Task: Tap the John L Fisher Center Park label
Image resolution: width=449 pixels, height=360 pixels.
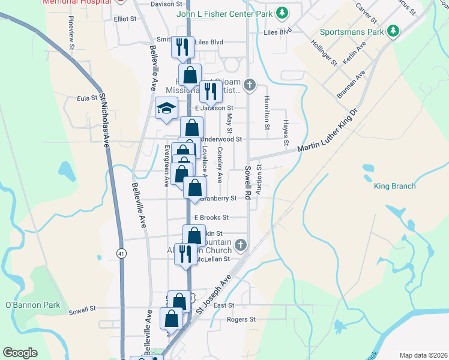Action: (x=226, y=13)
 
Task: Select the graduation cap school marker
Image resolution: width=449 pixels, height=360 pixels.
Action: (x=166, y=108)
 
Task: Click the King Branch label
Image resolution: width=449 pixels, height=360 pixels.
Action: (x=394, y=186)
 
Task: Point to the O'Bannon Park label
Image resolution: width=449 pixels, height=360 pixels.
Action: (x=33, y=305)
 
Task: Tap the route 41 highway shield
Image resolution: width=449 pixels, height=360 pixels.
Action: (x=121, y=253)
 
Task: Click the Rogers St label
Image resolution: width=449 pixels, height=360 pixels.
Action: (x=241, y=319)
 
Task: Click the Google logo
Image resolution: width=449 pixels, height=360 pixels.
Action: (x=20, y=352)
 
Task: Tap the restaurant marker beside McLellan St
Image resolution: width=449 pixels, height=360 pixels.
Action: (x=185, y=254)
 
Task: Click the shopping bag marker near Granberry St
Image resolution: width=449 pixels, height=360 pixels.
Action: (x=194, y=188)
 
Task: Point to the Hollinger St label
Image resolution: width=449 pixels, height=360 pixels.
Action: (x=324, y=52)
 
